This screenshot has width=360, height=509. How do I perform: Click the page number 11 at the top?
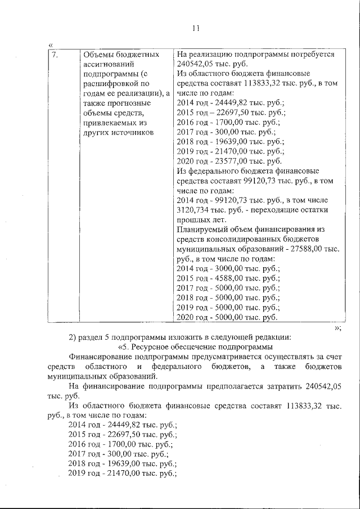(196, 28)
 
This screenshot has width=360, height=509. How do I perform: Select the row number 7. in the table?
(55, 55)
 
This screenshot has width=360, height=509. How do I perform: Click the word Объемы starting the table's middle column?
(98, 55)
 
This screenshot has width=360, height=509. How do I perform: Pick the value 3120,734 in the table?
(195, 210)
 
